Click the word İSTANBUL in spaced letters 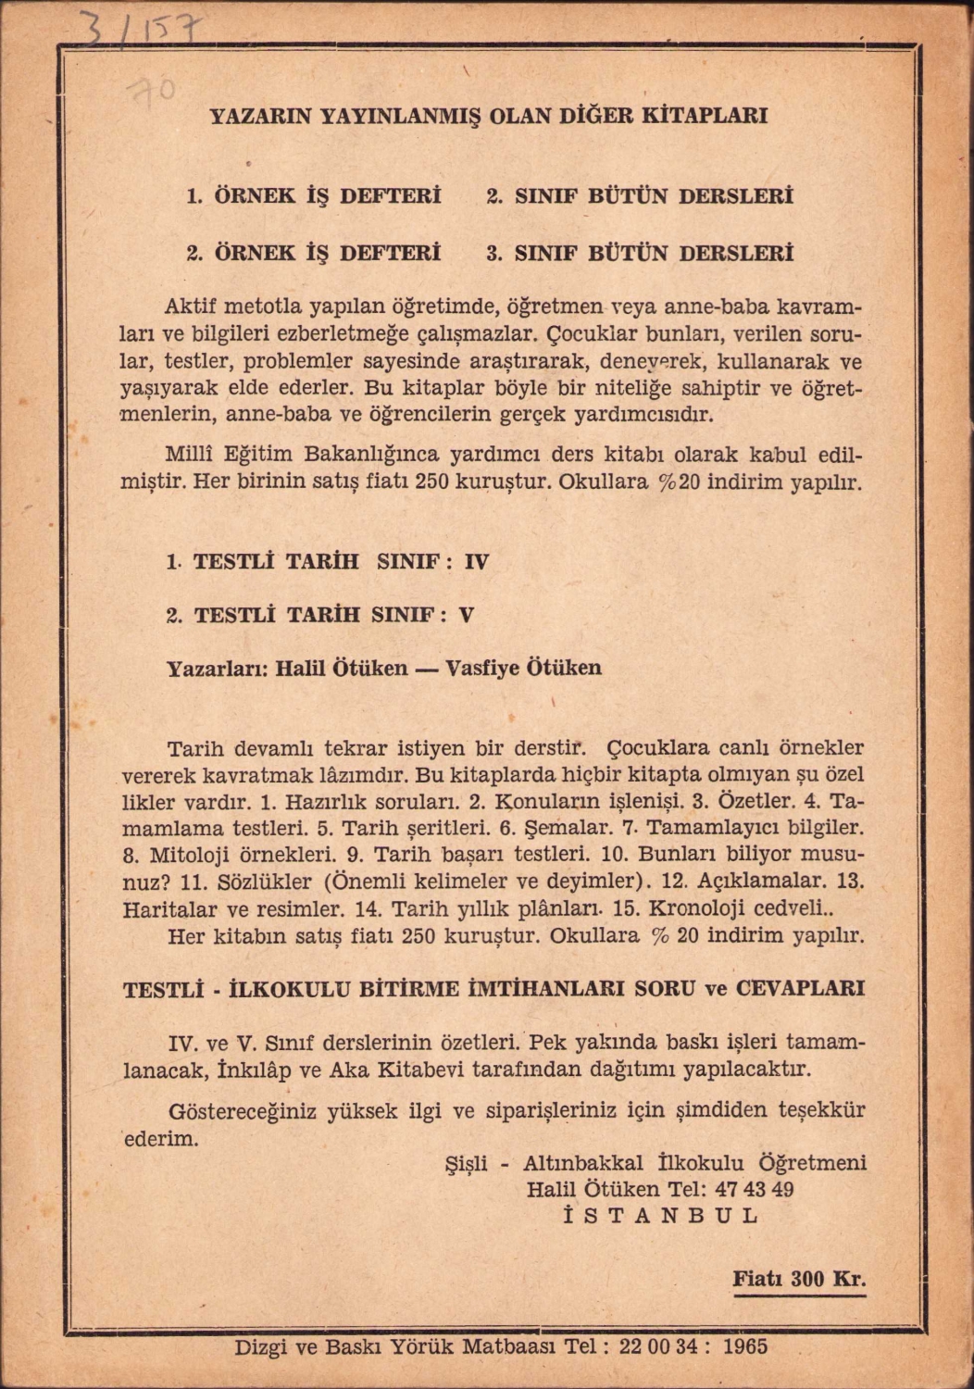click(x=661, y=1216)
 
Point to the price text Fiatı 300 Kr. click(x=799, y=1280)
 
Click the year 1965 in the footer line click(x=744, y=1346)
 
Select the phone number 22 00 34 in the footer click(x=658, y=1346)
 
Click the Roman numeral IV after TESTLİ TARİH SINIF click(x=476, y=561)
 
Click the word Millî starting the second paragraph click(x=192, y=455)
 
